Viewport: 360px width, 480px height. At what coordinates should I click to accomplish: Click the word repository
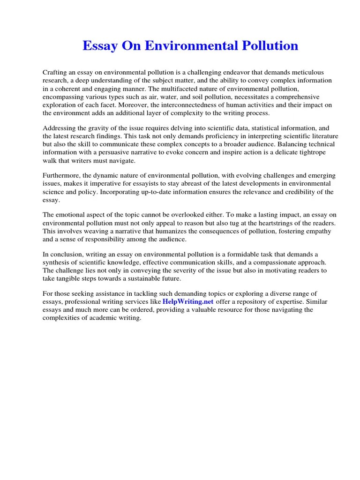click(252, 302)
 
